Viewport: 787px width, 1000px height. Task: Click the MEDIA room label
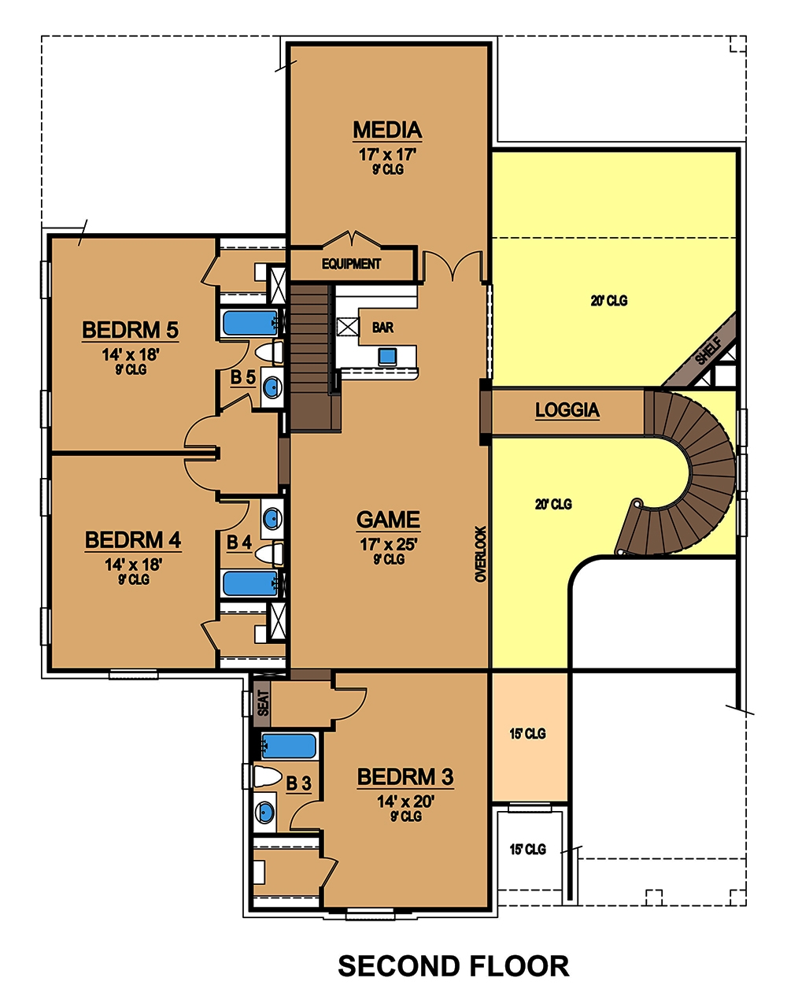click(x=387, y=130)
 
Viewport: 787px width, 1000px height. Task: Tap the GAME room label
click(x=388, y=520)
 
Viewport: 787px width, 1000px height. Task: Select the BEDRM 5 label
click(x=130, y=330)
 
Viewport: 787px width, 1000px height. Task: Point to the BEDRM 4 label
click(x=133, y=540)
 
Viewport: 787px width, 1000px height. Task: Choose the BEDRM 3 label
click(x=405, y=777)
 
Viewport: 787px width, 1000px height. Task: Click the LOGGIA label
click(x=567, y=410)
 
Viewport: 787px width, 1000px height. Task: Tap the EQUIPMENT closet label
click(x=351, y=265)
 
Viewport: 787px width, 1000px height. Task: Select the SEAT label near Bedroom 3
click(x=263, y=702)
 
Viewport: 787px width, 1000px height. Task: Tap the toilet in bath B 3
click(x=268, y=777)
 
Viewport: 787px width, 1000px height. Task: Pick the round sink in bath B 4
click(x=272, y=518)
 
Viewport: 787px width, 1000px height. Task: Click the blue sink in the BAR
click(x=386, y=356)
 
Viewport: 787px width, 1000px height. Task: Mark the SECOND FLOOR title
click(x=453, y=966)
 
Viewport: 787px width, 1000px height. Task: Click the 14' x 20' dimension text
click(x=405, y=802)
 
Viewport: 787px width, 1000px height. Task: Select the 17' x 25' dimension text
click(x=388, y=543)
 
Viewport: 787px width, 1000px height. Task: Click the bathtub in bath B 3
click(x=288, y=744)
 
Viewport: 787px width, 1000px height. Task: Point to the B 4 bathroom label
click(x=239, y=543)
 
